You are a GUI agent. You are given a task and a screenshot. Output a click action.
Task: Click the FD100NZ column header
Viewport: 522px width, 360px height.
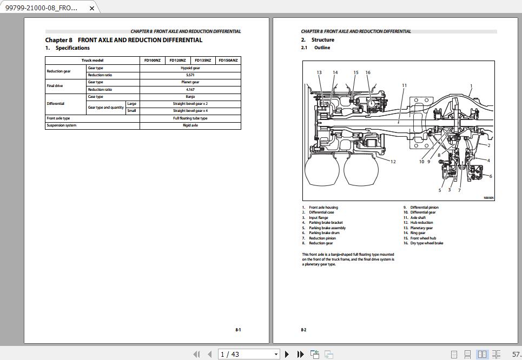pos(152,61)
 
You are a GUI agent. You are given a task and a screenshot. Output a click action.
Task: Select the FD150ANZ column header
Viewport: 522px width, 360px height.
pos(228,61)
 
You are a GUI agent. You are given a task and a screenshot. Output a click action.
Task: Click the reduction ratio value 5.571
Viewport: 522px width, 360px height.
pos(190,75)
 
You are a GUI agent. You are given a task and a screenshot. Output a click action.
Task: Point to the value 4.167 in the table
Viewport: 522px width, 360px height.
pos(190,90)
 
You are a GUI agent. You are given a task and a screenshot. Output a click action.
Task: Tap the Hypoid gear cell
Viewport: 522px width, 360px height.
pos(190,68)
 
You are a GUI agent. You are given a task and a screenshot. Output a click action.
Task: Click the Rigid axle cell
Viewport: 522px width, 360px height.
pos(190,125)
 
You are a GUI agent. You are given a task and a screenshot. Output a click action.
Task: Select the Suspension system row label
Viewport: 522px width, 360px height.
pos(61,125)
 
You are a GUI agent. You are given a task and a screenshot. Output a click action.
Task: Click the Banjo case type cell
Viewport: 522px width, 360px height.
pos(190,97)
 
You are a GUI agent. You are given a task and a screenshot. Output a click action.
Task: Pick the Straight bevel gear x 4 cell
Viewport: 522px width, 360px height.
pos(190,111)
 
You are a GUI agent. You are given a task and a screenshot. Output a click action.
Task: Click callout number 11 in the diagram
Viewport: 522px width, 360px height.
pos(404,85)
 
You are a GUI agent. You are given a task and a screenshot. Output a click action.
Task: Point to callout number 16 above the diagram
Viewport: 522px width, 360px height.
pos(368,72)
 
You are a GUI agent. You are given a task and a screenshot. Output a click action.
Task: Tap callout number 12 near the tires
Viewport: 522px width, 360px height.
pos(393,162)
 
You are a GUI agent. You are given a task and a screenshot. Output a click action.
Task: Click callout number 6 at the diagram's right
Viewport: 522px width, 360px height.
pos(491,176)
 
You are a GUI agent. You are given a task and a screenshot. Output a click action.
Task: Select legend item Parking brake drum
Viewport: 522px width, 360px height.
pos(323,233)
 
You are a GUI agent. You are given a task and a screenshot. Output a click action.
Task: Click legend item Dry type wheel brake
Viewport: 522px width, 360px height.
pos(426,243)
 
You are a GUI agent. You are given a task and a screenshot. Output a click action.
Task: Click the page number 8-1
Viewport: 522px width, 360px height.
pos(238,330)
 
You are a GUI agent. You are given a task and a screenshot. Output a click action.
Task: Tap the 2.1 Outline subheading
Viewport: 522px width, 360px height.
pos(315,48)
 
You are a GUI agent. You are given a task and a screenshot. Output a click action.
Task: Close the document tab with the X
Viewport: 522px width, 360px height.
pos(92,8)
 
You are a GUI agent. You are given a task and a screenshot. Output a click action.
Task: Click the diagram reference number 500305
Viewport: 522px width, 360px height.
pos(488,198)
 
